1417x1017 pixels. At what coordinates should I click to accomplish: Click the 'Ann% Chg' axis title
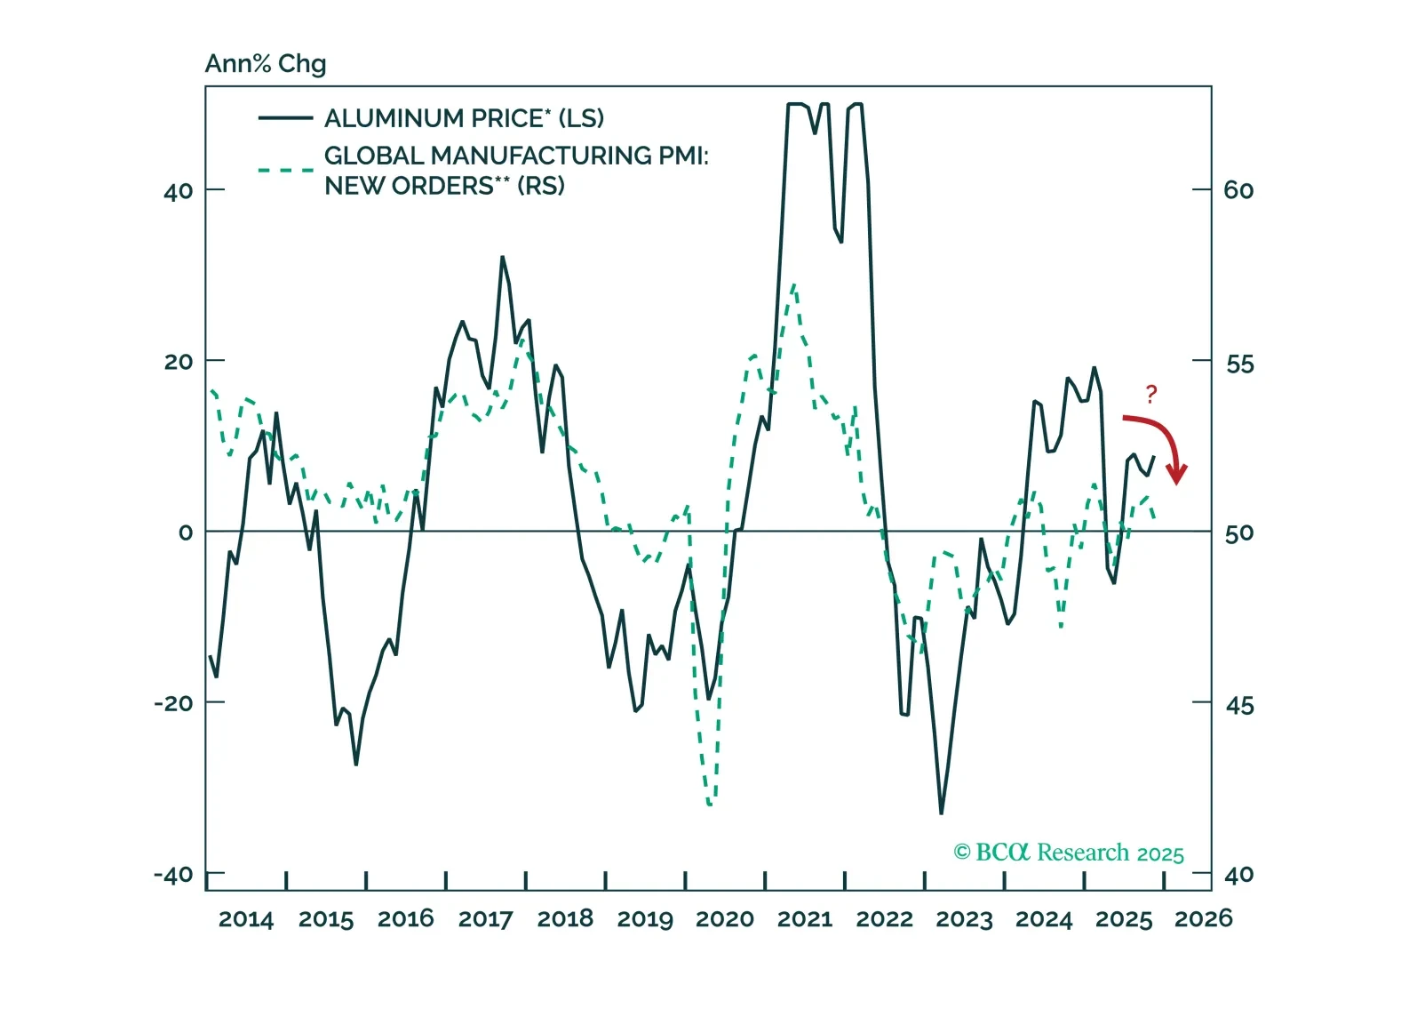266,64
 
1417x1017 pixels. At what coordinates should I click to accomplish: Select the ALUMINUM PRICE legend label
464,118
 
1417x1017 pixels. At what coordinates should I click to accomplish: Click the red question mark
1151,394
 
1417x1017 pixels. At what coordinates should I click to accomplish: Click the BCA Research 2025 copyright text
1069,853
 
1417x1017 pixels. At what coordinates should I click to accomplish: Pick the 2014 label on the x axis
246,919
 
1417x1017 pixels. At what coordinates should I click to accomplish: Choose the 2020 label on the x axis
725,919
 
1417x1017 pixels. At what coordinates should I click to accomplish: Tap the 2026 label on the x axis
1204,919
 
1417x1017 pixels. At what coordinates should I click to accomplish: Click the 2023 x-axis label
964,919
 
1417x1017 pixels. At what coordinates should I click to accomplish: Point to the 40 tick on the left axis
178,190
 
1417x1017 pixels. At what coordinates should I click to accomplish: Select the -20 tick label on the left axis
173,703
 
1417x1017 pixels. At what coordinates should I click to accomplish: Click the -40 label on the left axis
173,875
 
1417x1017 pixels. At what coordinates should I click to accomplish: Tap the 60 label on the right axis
1238,190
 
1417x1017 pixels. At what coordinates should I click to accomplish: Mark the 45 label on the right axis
1238,706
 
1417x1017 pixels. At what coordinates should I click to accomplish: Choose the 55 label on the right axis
1238,364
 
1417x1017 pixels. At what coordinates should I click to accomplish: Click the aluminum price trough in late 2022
941,813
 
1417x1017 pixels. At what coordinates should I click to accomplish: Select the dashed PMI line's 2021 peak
793,284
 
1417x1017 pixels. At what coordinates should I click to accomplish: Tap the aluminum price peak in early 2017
502,258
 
